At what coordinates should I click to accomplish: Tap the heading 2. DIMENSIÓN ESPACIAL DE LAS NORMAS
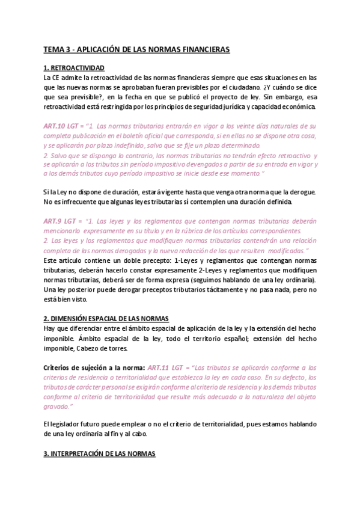pyautogui.click(x=106, y=318)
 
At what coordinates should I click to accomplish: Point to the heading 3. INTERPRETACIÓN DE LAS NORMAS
pyautogui.click(x=100, y=453)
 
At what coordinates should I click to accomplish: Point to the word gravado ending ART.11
pyautogui.click(x=59, y=405)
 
